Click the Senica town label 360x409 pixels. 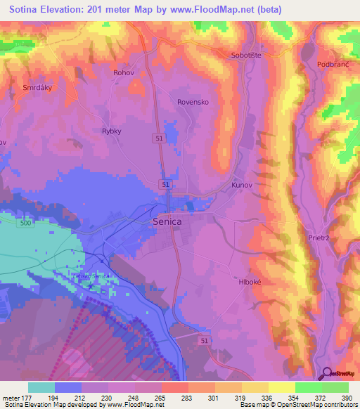click(x=167, y=221)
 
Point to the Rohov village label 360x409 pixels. click(x=123, y=72)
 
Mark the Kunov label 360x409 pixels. click(x=241, y=186)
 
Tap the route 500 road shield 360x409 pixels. click(x=26, y=223)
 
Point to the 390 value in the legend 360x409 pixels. click(x=347, y=397)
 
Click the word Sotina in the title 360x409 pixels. click(x=27, y=10)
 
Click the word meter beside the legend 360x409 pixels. click(x=11, y=397)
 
